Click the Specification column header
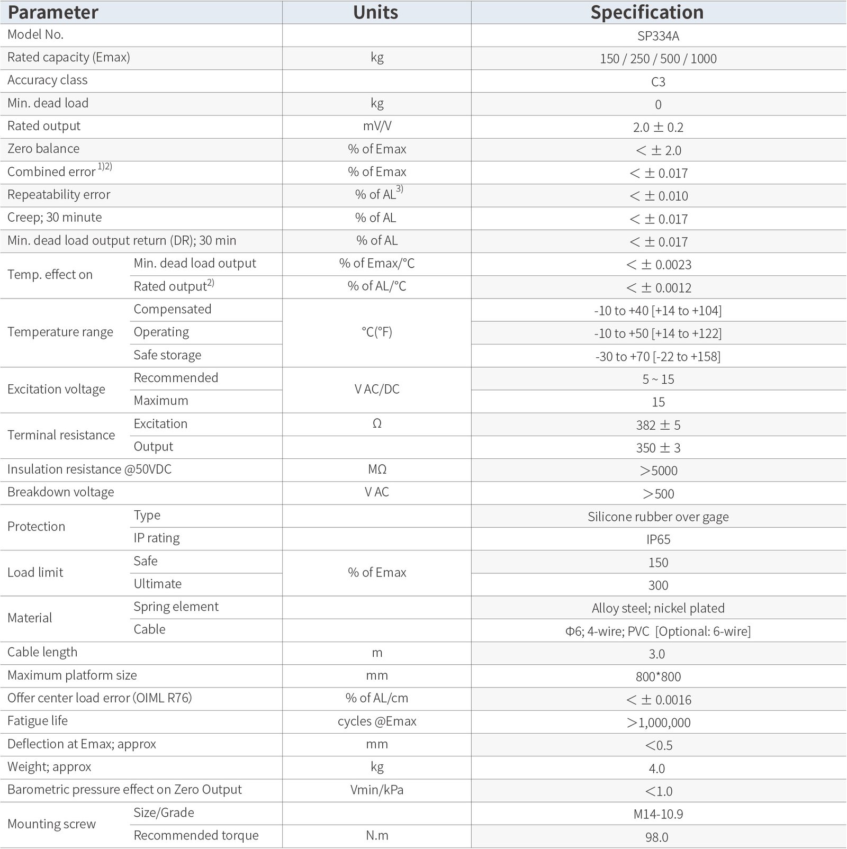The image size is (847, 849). pyautogui.click(x=647, y=12)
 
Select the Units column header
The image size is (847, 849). pyautogui.click(x=376, y=12)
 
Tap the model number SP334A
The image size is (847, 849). pyautogui.click(x=658, y=36)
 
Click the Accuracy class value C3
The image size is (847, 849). pyautogui.click(x=658, y=82)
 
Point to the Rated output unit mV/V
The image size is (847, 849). pyautogui.click(x=377, y=126)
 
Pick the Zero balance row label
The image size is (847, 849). pyautogui.click(x=43, y=149)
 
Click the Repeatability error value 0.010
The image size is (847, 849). pyautogui.click(x=659, y=196)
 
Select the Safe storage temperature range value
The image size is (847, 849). pyautogui.click(x=658, y=356)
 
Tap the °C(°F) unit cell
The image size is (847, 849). pyautogui.click(x=377, y=332)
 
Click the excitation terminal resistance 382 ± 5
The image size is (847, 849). pyautogui.click(x=658, y=425)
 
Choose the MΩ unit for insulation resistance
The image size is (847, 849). pyautogui.click(x=377, y=469)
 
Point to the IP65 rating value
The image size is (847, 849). pyautogui.click(x=658, y=539)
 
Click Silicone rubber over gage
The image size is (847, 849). pyautogui.click(x=658, y=517)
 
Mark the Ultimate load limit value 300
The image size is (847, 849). pyautogui.click(x=658, y=585)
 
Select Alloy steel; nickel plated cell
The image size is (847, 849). pyautogui.click(x=658, y=608)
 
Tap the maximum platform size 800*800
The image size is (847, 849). pyautogui.click(x=658, y=676)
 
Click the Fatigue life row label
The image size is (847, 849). pyautogui.click(x=38, y=721)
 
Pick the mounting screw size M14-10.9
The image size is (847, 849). pyautogui.click(x=658, y=814)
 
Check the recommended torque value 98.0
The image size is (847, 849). pyautogui.click(x=656, y=837)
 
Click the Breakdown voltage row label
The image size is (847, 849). pyautogui.click(x=61, y=492)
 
